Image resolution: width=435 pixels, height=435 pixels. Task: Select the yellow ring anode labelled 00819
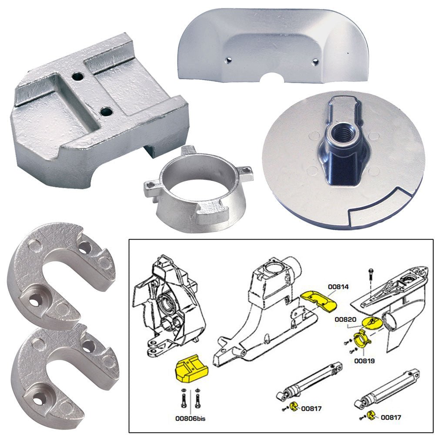click(x=360, y=338)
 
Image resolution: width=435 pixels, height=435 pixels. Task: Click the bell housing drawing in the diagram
click(x=261, y=304)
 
